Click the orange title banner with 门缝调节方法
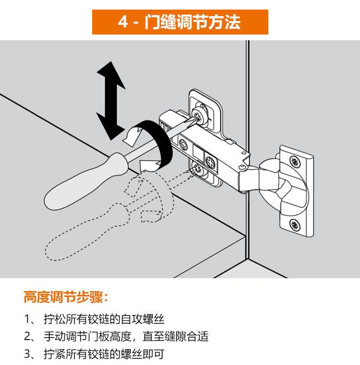pyautogui.click(x=180, y=22)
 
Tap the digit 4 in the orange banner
pyautogui.click(x=123, y=22)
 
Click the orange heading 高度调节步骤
pyautogui.click(x=66, y=297)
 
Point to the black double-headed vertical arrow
pyautogui.click(x=111, y=101)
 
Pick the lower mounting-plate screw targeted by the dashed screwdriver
pyautogui.click(x=197, y=167)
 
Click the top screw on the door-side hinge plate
pyautogui.click(x=295, y=161)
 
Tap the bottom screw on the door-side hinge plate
pyautogui.click(x=295, y=224)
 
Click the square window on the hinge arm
pyautogui.click(x=199, y=152)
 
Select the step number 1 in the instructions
pyautogui.click(x=27, y=319)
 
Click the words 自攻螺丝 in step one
pyautogui.click(x=143, y=319)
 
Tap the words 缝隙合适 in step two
pyautogui.click(x=187, y=336)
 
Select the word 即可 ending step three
pyautogui.click(x=153, y=354)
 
